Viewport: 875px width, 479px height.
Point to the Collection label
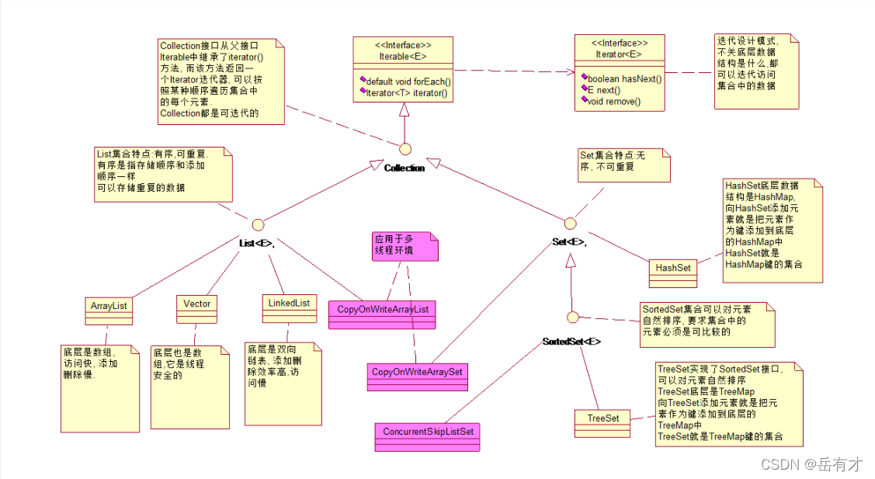click(x=405, y=168)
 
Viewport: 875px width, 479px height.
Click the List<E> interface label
click(x=257, y=242)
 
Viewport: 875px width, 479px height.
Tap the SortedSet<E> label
click(x=571, y=342)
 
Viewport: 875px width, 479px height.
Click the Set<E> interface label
click(x=569, y=242)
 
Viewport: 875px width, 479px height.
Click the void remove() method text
click(x=613, y=102)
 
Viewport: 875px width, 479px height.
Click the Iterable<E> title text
click(x=403, y=56)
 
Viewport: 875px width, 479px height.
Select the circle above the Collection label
click(x=405, y=148)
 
